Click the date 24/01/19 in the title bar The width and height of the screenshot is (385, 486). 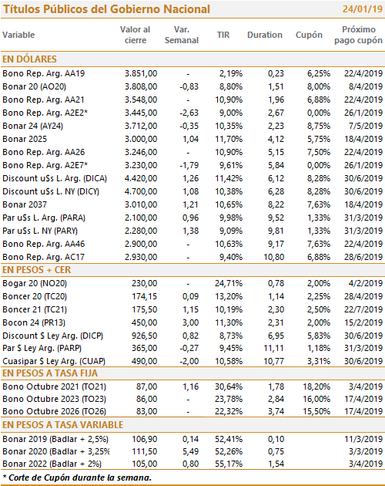[363, 9]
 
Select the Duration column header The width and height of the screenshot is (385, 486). [265, 35]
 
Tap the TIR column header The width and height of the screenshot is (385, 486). [223, 35]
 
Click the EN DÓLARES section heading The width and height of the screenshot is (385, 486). [29, 59]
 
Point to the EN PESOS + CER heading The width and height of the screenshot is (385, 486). [36, 270]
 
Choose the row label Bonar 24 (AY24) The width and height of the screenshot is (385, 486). [32, 126]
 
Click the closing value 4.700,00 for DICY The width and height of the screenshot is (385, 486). [141, 191]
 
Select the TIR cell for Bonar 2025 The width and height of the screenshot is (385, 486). [229, 139]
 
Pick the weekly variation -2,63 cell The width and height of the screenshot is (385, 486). [189, 113]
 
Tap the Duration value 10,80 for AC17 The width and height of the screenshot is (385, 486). [274, 257]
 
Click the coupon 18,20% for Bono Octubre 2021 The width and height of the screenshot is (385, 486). [316, 386]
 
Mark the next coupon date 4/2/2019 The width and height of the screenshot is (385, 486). [366, 283]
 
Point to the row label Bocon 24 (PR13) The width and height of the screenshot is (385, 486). [34, 322]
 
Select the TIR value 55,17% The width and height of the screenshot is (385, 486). [229, 464]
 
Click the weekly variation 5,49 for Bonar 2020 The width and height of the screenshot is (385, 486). [191, 451]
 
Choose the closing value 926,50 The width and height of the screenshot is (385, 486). [145, 336]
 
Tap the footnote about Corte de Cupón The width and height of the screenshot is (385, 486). [77, 478]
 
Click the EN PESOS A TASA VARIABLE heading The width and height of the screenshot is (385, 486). [63, 424]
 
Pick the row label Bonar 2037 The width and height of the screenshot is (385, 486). [25, 204]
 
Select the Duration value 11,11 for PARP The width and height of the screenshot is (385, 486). [274, 348]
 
